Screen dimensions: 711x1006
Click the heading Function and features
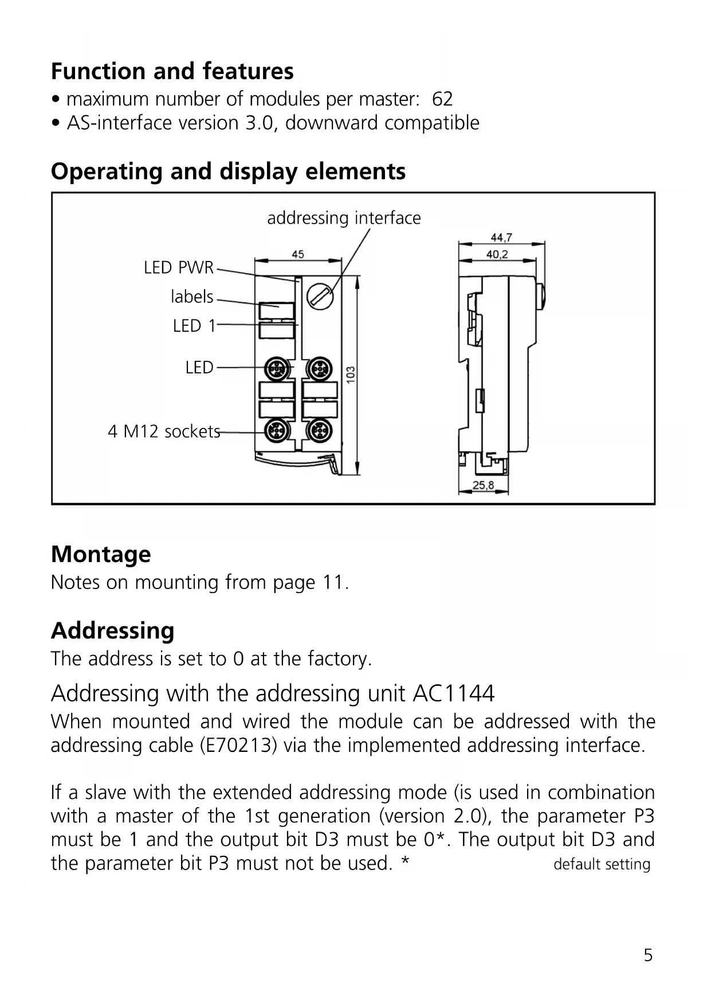172,72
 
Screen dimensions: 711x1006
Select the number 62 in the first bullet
442,99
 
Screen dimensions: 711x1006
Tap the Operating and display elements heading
228,171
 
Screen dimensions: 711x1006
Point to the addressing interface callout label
344,218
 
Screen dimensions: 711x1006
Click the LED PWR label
178,268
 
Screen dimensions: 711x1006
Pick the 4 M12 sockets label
164,431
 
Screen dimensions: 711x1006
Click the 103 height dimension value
351,375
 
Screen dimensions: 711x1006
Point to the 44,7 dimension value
501,238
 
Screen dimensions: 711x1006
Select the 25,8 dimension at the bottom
483,486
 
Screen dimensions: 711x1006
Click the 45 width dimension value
298,255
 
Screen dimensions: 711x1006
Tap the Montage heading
101,555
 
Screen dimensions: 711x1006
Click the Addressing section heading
112,631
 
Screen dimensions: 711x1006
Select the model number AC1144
453,694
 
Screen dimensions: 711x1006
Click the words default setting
602,864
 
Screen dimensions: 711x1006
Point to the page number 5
648,956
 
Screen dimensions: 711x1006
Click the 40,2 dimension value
497,255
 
